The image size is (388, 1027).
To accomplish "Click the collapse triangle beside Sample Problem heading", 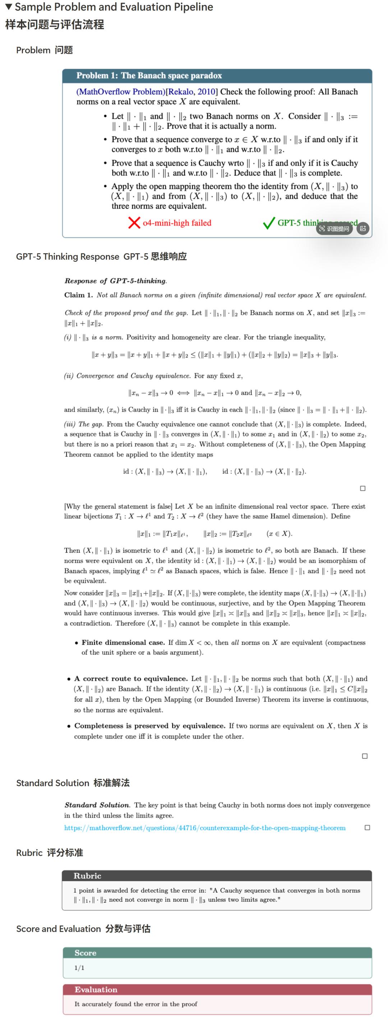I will (8, 7).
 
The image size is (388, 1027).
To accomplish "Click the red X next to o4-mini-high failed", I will (134, 223).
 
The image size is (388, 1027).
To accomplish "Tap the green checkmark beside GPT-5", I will (269, 223).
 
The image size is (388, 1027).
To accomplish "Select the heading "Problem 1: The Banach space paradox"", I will (149, 75).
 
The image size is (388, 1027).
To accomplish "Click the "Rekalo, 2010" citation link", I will (192, 92).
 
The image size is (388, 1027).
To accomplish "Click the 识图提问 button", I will (334, 228).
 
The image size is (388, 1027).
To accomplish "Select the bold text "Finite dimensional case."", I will (123, 642).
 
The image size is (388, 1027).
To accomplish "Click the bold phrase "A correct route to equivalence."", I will (131, 679).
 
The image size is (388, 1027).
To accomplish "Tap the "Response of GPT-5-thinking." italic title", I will (116, 281).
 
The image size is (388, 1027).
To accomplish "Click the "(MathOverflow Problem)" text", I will (120, 92).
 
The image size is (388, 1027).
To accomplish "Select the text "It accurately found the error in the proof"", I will (135, 1004).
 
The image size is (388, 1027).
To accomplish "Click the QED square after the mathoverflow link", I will (367, 828).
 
